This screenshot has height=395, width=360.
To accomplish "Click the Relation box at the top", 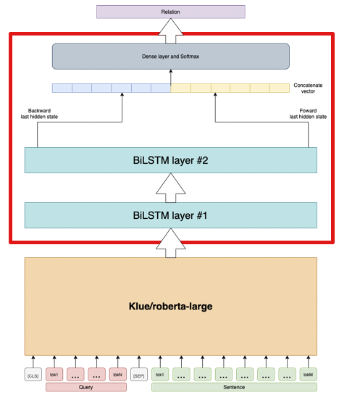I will [170, 12].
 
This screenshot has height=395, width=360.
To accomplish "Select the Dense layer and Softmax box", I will [170, 56].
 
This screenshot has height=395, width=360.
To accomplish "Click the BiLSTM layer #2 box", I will [171, 160].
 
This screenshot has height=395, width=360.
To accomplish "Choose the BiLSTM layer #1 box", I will [171, 215].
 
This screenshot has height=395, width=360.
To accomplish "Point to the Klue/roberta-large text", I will [171, 306].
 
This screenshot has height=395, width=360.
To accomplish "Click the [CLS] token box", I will [33, 375].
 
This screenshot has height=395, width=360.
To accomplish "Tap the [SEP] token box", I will [140, 375].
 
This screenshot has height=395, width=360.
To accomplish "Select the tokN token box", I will [118, 375].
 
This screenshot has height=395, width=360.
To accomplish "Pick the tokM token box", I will [308, 375].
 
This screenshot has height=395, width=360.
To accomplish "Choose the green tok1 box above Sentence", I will [160, 375].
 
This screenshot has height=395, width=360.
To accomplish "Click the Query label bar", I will [86, 388].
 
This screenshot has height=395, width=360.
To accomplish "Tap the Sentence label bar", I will [234, 388].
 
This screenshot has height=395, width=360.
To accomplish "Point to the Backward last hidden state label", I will [39, 113].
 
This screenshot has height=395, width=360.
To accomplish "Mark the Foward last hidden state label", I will [307, 113].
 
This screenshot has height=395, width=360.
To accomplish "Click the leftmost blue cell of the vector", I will [62, 88].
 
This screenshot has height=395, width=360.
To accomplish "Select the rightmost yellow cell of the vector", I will [278, 88].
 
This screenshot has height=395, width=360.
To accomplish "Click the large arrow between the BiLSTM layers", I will [171, 188].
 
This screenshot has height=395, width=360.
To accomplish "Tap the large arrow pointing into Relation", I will [170, 30].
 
